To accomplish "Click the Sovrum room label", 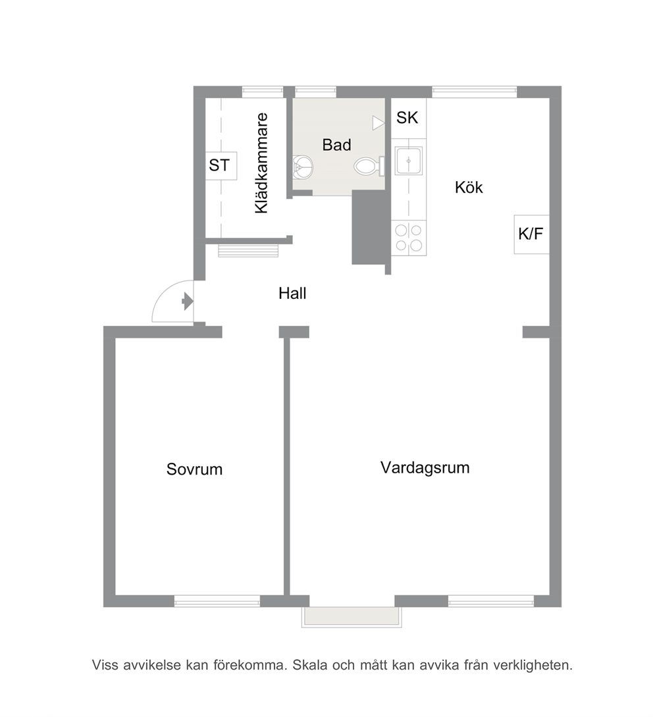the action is point(194,469).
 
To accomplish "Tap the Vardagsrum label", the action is point(425,467).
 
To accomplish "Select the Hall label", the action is point(292,293).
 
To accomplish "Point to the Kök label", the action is point(469,187).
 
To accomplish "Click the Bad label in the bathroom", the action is point(336,145).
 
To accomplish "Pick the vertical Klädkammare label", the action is point(261,163).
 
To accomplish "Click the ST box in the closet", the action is point(221,165).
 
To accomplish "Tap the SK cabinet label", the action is point(407,117).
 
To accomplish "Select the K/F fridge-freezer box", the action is point(531,234).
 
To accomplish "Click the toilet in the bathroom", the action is point(369,167).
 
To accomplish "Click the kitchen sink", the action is point(409,161).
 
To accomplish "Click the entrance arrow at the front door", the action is point(188,302).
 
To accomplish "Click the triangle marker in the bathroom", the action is point(378,123).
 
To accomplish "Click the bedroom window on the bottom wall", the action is point(217,601).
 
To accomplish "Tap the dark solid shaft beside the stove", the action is point(369,227).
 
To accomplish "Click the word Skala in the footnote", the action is point(310,665).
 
